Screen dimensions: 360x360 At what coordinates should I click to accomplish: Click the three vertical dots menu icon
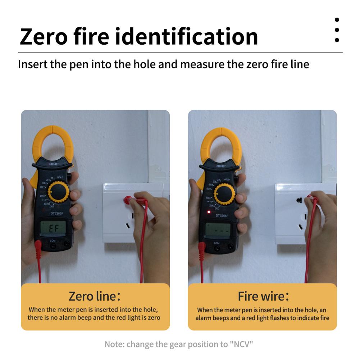pyautogui.click(x=337, y=30)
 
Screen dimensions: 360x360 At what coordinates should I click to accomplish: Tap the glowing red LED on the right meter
pyautogui.click(x=208, y=211)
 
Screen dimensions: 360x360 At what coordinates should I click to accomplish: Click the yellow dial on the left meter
pyautogui.click(x=59, y=192)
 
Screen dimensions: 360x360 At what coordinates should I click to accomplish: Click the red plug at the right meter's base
pyautogui.click(x=202, y=248)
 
